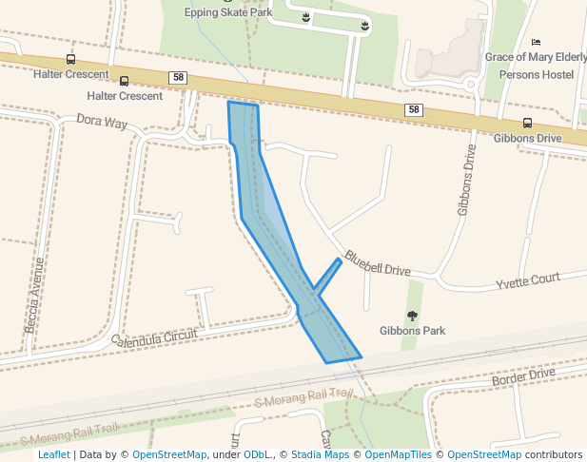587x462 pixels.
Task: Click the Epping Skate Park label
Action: pyautogui.click(x=228, y=12)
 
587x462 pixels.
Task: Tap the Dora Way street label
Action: pyautogui.click(x=102, y=122)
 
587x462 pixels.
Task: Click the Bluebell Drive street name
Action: pyautogui.click(x=378, y=263)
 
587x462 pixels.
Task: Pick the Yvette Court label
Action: pyautogui.click(x=528, y=281)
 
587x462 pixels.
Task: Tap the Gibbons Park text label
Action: pyautogui.click(x=412, y=331)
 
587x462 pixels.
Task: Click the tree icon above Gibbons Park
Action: pyautogui.click(x=412, y=316)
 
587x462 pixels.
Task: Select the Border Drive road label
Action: pyautogui.click(x=523, y=376)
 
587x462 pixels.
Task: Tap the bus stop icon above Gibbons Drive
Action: pyautogui.click(x=527, y=123)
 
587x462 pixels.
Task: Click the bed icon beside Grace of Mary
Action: pyautogui.click(x=536, y=43)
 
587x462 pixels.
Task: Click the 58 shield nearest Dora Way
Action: pyautogui.click(x=178, y=77)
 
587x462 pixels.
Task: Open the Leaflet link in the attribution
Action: pyautogui.click(x=53, y=454)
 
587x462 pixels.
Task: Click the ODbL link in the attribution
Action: pyautogui.click(x=258, y=454)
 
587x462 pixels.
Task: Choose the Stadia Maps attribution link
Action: pyautogui.click(x=320, y=454)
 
